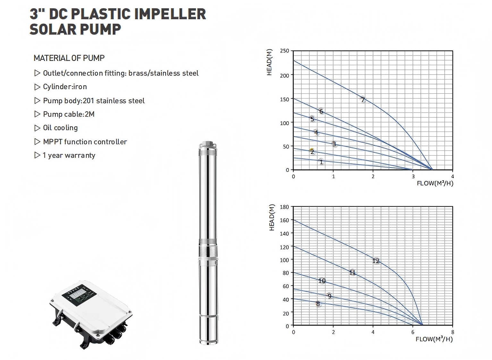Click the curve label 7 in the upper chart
point(363,100)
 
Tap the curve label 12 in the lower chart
point(376,261)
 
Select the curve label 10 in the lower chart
point(322,281)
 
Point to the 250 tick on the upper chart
point(285,51)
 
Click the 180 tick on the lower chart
point(284,207)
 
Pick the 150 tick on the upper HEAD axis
point(285,99)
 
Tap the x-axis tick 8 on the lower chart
point(453,332)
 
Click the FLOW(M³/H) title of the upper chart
point(435,183)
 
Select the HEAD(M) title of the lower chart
point(272,217)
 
